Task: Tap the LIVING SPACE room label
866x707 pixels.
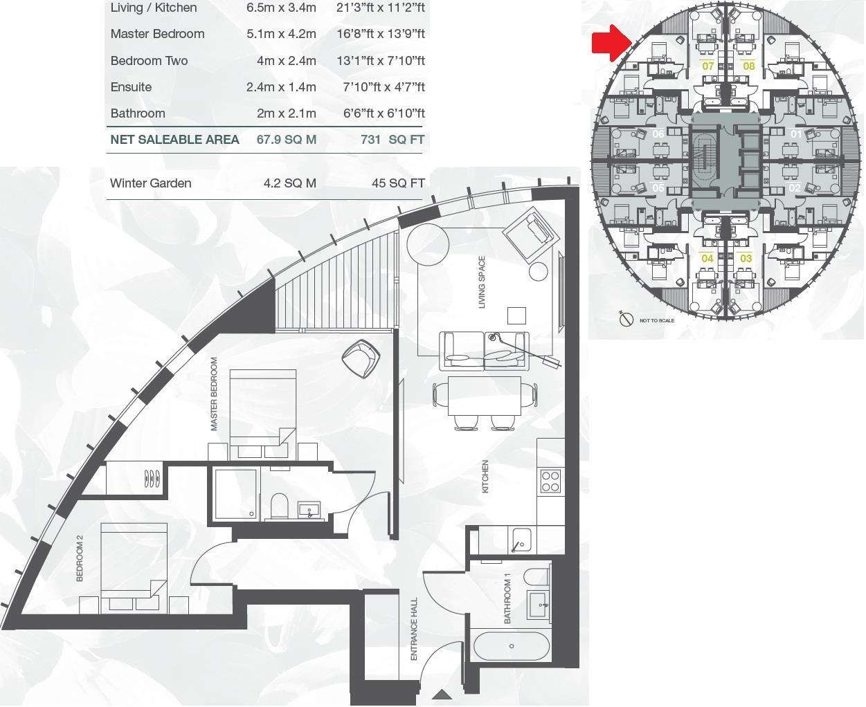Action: [x=482, y=282]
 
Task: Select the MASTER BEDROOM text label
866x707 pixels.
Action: [x=214, y=394]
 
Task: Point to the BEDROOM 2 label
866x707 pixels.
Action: [x=80, y=558]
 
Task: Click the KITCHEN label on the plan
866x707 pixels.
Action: [x=485, y=477]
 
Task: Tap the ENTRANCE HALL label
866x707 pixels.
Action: [x=415, y=629]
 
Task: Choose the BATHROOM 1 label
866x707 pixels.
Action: [x=507, y=598]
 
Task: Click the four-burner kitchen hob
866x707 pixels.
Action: [x=550, y=481]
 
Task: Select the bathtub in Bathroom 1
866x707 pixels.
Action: [x=512, y=647]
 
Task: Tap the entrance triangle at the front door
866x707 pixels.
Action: [x=442, y=695]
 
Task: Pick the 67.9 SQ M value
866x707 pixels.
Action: [x=286, y=139]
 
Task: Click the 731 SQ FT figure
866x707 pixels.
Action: [x=392, y=139]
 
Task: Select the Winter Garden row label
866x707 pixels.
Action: [x=150, y=183]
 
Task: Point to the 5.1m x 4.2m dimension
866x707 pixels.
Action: [x=281, y=34]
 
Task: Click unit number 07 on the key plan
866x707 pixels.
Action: [x=707, y=66]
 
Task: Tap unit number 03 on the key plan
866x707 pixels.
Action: [x=746, y=259]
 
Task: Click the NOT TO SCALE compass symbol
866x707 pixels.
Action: [x=626, y=320]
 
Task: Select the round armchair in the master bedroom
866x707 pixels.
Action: [x=361, y=358]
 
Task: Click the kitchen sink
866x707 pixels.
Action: [x=521, y=540]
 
